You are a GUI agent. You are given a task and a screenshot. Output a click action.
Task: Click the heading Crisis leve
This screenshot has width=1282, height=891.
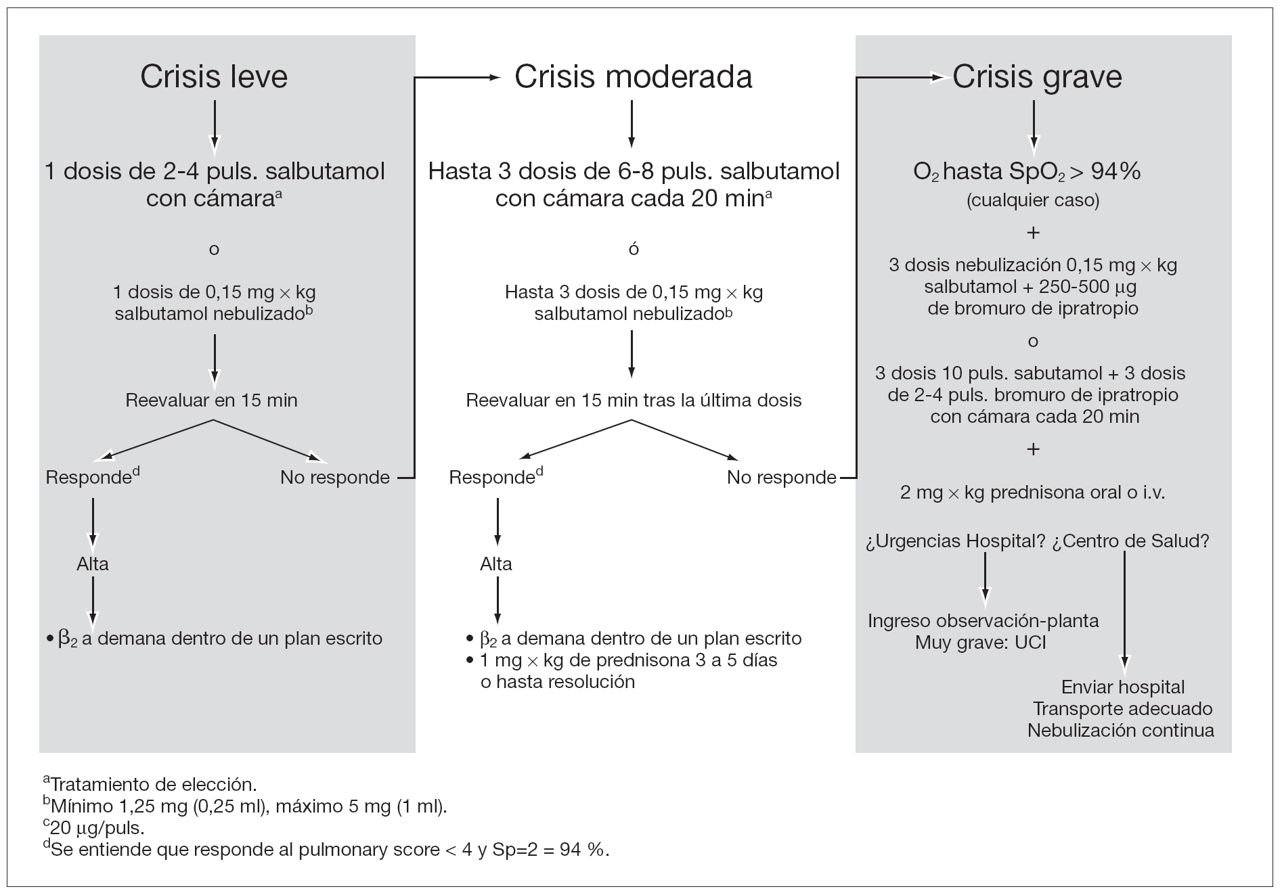[214, 76]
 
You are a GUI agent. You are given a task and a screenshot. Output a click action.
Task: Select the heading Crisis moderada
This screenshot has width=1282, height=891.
[633, 76]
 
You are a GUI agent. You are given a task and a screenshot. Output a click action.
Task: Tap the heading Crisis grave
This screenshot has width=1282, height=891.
[1036, 76]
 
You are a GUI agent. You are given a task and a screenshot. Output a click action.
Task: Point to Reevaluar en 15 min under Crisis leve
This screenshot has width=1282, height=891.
[211, 400]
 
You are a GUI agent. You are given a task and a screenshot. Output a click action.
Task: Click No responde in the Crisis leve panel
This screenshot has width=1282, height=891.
[334, 478]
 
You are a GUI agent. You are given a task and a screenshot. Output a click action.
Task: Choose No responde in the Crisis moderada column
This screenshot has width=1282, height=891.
[781, 478]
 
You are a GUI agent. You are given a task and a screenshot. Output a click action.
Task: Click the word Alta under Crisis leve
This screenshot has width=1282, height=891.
[93, 564]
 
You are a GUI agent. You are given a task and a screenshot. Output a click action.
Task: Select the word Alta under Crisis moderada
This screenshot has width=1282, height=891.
[496, 564]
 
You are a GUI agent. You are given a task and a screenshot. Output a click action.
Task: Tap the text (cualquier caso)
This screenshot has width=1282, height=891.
[1033, 200]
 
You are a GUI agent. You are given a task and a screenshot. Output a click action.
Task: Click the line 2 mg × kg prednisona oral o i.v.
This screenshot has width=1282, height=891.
[1032, 493]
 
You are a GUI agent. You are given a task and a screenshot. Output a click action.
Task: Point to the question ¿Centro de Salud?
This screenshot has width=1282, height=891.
[1130, 541]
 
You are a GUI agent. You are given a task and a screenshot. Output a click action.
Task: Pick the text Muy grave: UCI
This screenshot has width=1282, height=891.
[980, 642]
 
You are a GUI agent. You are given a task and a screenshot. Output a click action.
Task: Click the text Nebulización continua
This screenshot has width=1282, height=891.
[1120, 731]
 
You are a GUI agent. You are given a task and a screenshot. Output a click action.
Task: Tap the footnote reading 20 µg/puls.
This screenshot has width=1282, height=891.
[97, 828]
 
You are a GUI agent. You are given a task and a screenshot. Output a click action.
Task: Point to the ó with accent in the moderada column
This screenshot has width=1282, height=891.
[634, 248]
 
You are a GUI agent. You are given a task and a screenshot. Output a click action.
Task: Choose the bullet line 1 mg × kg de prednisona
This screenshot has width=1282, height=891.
[628, 660]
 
